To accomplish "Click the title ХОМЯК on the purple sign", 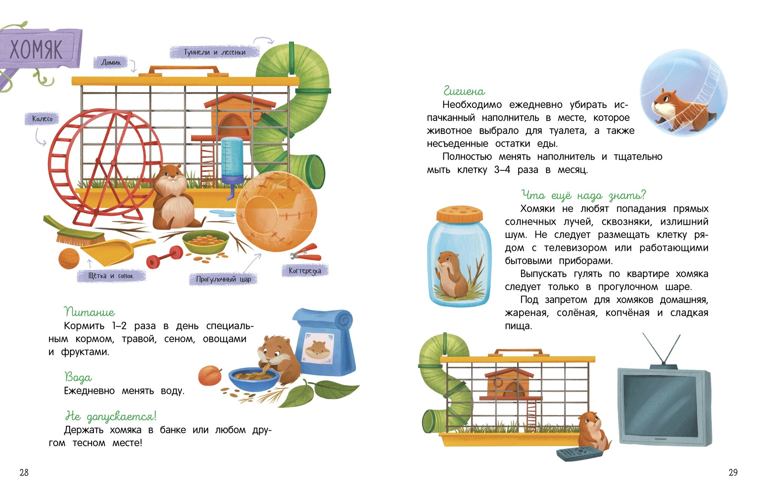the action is point(36,49).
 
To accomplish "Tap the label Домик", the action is point(111,62).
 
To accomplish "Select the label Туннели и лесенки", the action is point(215,52).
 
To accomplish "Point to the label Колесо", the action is point(42,119).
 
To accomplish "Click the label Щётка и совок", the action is point(111,276).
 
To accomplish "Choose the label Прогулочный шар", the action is point(223,279).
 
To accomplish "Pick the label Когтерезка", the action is point(305,271).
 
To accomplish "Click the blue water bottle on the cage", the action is point(232,161).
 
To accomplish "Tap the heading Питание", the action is point(89,312).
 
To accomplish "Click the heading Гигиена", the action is point(464,91).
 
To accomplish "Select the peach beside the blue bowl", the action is point(210,375).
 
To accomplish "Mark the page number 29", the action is point(733,472).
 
